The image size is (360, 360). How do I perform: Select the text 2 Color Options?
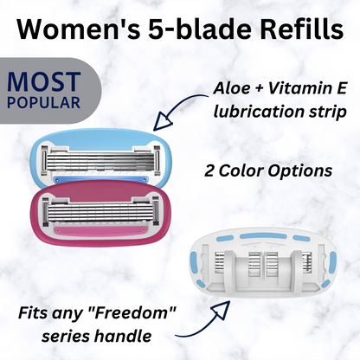pyautogui.click(x=271, y=171)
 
